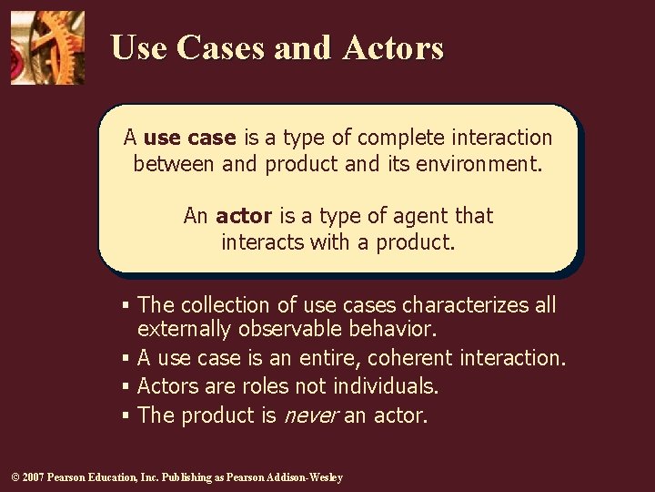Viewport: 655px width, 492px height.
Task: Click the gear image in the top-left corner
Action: tap(47, 47)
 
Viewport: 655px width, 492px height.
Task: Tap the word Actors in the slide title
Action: tap(393, 47)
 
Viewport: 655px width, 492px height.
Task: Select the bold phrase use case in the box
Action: tap(189, 138)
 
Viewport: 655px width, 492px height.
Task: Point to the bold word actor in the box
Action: tap(244, 216)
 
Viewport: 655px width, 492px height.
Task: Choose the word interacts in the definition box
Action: tap(264, 242)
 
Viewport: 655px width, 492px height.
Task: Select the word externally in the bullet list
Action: tap(185, 329)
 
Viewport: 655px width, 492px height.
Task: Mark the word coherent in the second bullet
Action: tap(410, 358)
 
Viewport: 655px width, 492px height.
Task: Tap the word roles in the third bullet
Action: tap(265, 386)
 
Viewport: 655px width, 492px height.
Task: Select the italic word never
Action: tap(311, 415)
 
